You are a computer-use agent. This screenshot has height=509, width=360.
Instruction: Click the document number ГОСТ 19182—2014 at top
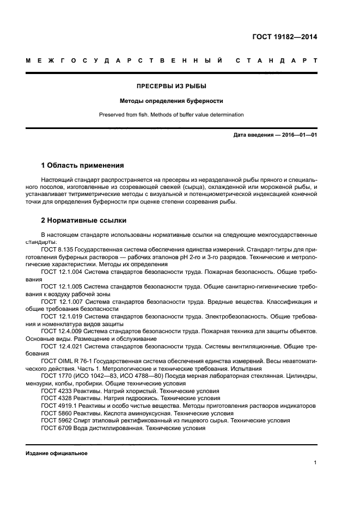click(284, 38)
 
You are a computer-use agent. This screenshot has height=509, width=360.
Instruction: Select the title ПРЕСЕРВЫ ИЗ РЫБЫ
click(172, 86)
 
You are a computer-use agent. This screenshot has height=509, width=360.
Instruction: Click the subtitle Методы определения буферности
click(172, 101)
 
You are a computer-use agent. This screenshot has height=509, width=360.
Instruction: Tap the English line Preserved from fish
click(172, 115)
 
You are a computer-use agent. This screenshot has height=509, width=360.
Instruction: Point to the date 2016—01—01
click(297, 135)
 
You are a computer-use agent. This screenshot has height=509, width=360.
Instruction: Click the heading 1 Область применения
click(83, 165)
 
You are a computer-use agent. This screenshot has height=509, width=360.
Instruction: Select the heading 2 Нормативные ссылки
click(84, 220)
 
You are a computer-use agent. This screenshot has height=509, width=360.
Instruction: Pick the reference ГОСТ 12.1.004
click(62, 271)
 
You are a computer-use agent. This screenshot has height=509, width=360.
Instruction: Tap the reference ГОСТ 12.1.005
click(62, 285)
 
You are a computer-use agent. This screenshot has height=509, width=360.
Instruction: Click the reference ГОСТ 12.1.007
click(62, 301)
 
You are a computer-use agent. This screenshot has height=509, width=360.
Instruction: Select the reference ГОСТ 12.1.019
click(62, 315)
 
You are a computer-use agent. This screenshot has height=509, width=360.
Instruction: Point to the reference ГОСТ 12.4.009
click(62, 330)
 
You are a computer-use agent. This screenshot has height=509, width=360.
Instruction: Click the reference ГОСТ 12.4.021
click(62, 345)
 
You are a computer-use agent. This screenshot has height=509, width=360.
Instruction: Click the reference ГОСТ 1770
click(56, 376)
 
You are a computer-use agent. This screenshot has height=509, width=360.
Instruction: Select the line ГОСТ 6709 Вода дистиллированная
click(123, 428)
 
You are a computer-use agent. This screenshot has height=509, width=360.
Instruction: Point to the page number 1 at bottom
click(315, 463)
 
